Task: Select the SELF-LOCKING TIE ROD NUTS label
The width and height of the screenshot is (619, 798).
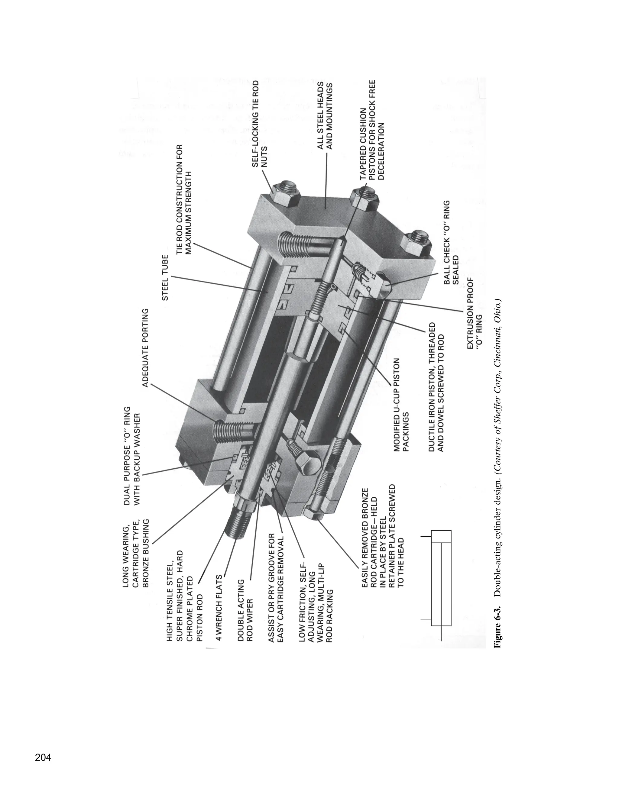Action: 260,124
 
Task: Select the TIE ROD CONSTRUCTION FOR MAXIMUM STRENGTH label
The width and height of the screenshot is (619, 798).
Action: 184,199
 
